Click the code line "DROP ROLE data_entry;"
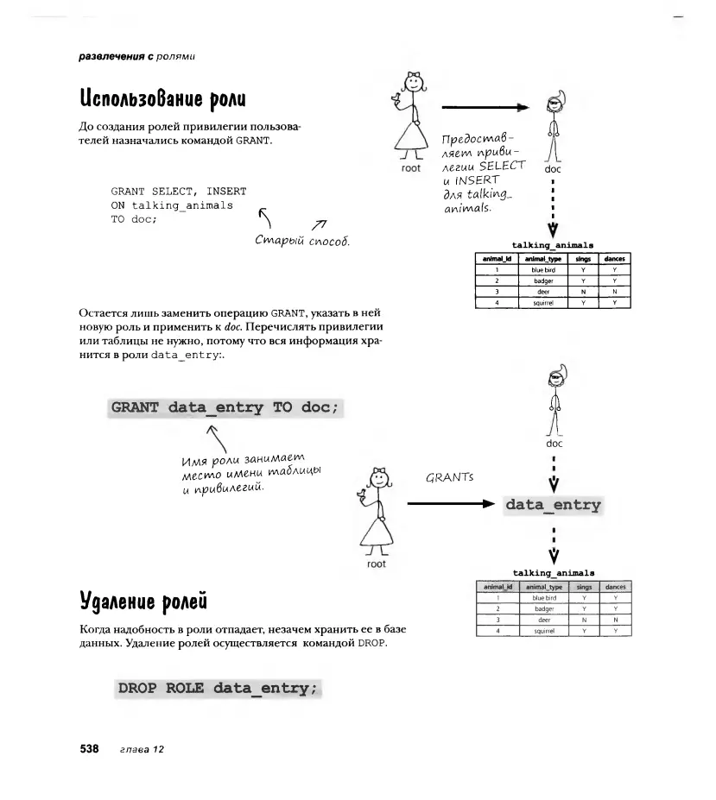pyautogui.click(x=219, y=688)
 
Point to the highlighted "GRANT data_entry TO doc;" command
pyautogui.click(x=226, y=407)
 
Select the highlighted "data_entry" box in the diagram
pyautogui.click(x=553, y=505)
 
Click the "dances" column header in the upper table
pyautogui.click(x=614, y=258)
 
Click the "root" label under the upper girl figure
pyautogui.click(x=411, y=168)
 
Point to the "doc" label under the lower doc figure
pyautogui.click(x=554, y=443)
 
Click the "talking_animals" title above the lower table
pyautogui.click(x=554, y=572)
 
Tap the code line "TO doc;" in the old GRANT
pyautogui.click(x=132, y=220)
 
